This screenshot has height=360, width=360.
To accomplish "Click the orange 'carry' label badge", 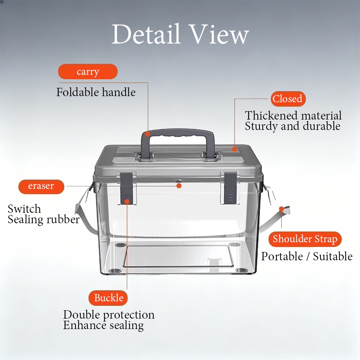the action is click(88, 72).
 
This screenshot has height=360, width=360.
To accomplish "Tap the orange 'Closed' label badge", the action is click(287, 99).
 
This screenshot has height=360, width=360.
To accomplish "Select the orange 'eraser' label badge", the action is click(41, 186).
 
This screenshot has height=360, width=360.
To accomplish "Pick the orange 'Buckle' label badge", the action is click(108, 298).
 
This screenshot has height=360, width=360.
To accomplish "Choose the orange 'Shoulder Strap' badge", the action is click(305, 239).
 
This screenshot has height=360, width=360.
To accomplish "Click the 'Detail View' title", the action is click(180, 35).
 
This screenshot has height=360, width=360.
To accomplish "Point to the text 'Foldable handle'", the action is click(96, 92).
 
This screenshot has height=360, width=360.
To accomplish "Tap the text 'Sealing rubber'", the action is click(44, 219).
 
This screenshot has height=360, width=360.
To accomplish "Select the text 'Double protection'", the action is click(109, 315).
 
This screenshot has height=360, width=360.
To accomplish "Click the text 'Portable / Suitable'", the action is click(307, 256).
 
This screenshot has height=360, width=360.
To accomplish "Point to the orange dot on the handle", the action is click(147, 134).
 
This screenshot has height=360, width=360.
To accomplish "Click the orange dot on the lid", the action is click(234, 149).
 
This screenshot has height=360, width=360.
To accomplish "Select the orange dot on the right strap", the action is click(282, 209).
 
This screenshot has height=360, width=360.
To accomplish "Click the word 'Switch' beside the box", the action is click(24, 209).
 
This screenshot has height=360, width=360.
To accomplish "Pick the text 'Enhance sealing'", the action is click(103, 325).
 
